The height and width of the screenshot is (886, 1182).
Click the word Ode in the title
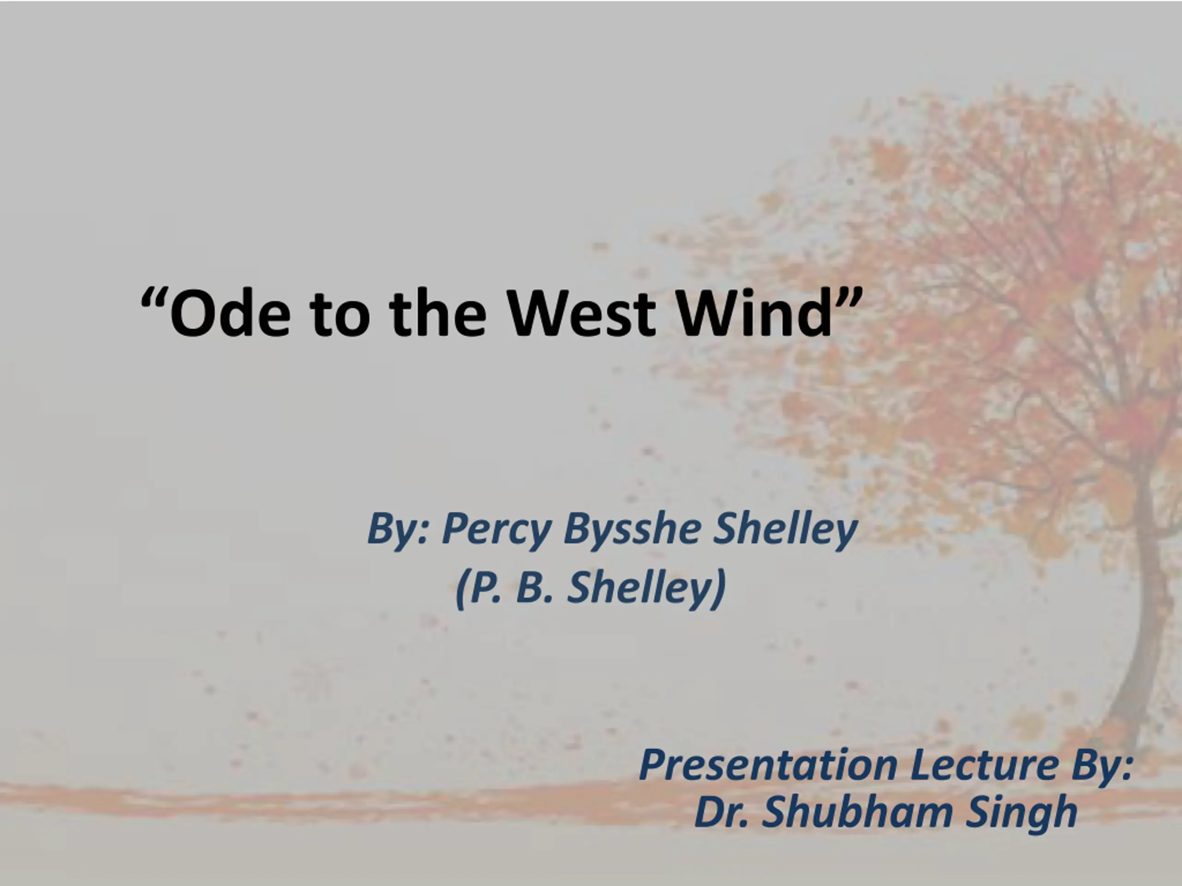click(x=230, y=313)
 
